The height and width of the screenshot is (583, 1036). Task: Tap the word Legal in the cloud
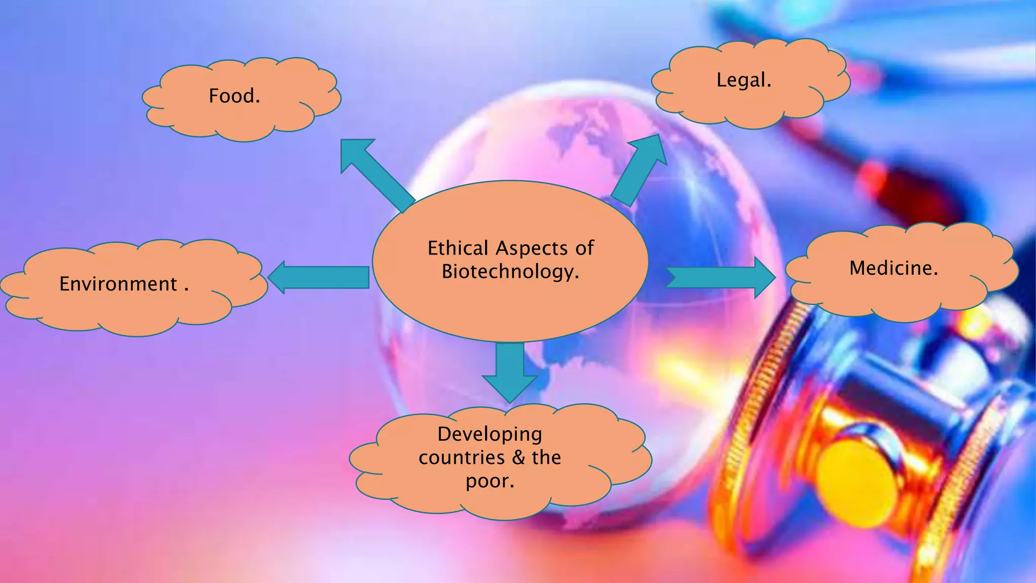(x=742, y=80)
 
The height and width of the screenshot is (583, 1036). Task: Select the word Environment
(x=118, y=284)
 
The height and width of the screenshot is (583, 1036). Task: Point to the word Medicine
(x=893, y=268)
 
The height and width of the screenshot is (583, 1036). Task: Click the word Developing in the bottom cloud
(x=490, y=434)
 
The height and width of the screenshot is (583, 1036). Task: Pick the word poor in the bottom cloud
(x=488, y=481)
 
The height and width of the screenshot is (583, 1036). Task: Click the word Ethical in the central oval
(x=458, y=248)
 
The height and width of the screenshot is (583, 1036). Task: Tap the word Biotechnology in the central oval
(x=509, y=271)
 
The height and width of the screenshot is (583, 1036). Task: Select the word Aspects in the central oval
(x=532, y=248)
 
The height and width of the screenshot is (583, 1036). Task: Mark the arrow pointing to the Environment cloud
(x=319, y=277)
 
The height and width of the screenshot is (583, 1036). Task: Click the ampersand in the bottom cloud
(x=519, y=457)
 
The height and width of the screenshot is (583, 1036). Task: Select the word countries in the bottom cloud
(x=461, y=457)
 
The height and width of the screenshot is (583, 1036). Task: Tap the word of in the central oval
(x=584, y=248)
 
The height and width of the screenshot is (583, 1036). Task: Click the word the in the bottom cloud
(x=546, y=457)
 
